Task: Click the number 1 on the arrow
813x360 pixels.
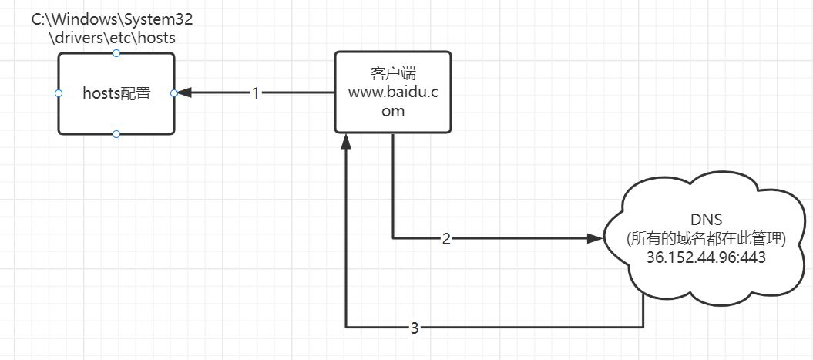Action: pyautogui.click(x=256, y=93)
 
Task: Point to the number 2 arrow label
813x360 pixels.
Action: pyautogui.click(x=445, y=238)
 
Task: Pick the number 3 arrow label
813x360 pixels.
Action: pyautogui.click(x=414, y=328)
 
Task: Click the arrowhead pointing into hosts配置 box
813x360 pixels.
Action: pyautogui.click(x=185, y=93)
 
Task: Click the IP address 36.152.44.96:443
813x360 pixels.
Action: pyautogui.click(x=707, y=257)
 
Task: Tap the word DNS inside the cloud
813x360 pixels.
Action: pyautogui.click(x=706, y=219)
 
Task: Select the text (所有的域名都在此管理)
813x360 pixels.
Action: pyautogui.click(x=706, y=239)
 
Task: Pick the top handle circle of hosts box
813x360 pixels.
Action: pyautogui.click(x=116, y=53)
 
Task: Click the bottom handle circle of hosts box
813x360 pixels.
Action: pyautogui.click(x=116, y=134)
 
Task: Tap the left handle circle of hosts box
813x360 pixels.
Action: pyautogui.click(x=59, y=93)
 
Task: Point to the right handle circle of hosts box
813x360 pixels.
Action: pyautogui.click(x=173, y=93)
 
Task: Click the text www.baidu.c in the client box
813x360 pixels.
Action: pyautogui.click(x=392, y=93)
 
